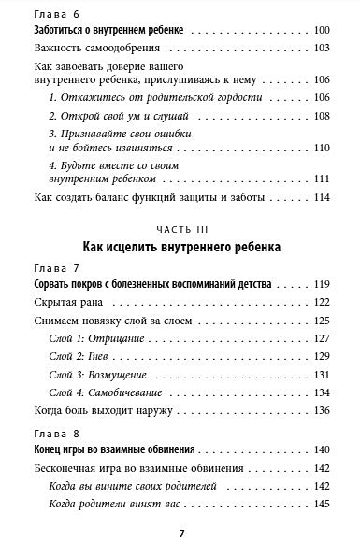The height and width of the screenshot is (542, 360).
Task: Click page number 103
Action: tap(323, 49)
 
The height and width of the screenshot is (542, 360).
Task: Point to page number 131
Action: tap(323, 374)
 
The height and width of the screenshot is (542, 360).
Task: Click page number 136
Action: tap(323, 409)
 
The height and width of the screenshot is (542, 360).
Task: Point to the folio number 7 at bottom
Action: tap(180, 531)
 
